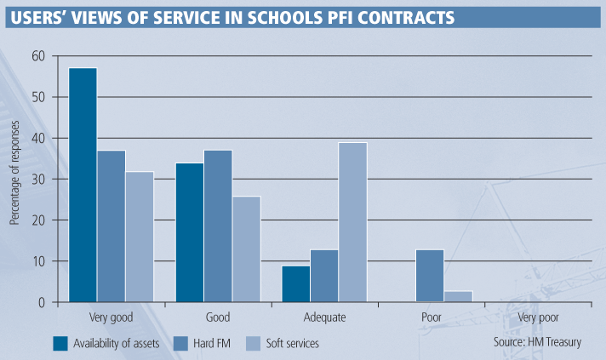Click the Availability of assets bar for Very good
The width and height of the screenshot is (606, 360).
pos(83,185)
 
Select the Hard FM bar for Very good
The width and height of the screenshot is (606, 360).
pos(111,226)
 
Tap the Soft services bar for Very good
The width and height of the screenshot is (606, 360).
pos(139,237)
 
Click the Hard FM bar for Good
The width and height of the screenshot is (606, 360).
pos(217,226)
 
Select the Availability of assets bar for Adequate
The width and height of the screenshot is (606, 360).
pos(295,283)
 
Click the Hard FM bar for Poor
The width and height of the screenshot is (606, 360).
pos(430,276)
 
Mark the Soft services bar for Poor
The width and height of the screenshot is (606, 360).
pos(458,296)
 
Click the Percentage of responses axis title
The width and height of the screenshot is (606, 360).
pos(14,179)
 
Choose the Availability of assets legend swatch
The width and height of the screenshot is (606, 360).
pos(60,344)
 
